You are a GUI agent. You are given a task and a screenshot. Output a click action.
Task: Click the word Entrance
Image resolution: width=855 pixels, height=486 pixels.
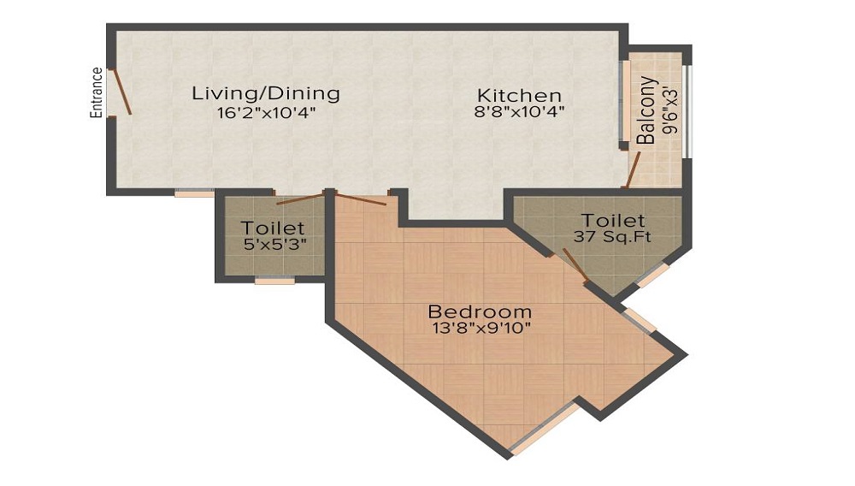coord(97,92)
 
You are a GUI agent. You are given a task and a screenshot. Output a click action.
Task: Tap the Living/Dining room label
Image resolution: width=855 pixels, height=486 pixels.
coord(266,93)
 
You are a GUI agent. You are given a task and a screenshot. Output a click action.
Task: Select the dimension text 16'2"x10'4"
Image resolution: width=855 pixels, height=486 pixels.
coord(267,114)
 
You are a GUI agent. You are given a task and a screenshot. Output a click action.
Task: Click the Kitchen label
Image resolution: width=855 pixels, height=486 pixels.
coord(519,96)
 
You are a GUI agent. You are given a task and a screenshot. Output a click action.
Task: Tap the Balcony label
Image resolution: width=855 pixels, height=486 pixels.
coord(646,110)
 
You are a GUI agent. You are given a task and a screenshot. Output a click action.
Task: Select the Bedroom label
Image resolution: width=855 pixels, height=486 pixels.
coord(480,312)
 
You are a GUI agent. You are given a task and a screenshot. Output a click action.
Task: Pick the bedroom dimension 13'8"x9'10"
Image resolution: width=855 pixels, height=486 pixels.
coord(481,328)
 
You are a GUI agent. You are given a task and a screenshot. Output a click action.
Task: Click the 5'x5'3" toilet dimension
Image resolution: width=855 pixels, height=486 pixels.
coord(274,244)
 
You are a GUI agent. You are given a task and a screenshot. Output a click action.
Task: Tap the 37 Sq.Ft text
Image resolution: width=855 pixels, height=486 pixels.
coord(612,237)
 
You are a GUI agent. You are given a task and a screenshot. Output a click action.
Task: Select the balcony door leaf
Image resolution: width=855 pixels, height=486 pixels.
coord(633,169)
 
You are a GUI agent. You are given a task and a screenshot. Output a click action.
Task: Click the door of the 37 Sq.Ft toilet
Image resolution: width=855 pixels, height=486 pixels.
coord(575,265)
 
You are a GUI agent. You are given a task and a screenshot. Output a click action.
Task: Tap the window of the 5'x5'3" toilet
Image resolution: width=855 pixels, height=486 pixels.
coord(274,281)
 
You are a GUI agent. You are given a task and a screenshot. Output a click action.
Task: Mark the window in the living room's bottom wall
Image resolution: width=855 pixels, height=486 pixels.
coord(195,192)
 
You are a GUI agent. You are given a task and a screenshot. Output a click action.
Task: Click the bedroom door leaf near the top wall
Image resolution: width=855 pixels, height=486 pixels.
coord(360,199)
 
